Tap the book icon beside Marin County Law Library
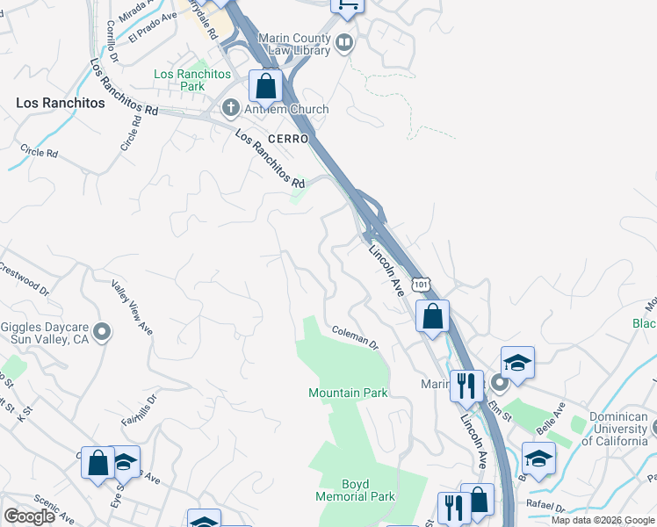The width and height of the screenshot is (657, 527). tap(345, 41)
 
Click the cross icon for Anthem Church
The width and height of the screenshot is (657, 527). tap(231, 109)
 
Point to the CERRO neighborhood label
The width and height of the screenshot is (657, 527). tap(289, 140)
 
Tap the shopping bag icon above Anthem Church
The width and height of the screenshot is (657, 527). tap(264, 88)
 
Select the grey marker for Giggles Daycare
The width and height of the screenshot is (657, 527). tap(102, 331)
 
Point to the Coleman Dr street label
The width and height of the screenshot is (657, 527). tap(355, 336)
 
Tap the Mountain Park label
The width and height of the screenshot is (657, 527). tap(348, 393)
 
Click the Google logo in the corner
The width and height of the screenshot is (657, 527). tap(29, 516)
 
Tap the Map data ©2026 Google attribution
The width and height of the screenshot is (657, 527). tap(603, 520)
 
